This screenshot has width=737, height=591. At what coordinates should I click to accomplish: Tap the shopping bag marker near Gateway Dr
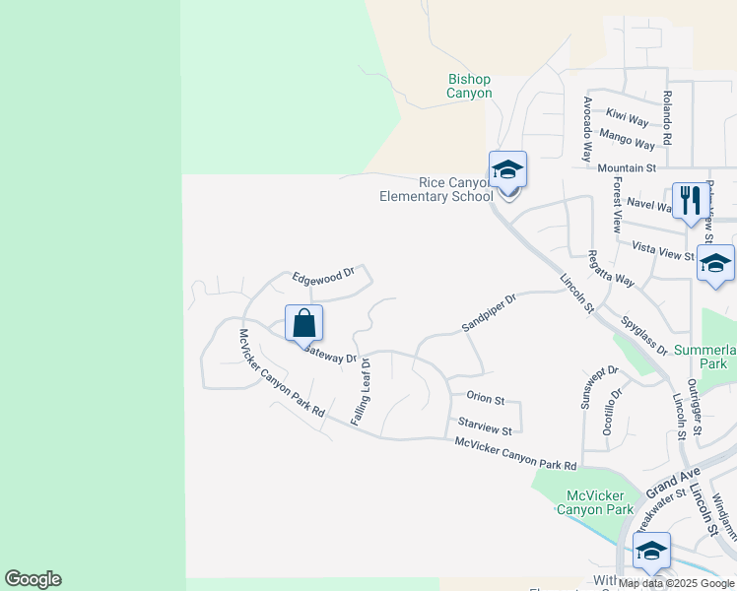click(x=304, y=322)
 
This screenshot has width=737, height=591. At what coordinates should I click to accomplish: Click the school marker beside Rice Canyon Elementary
click(x=507, y=169)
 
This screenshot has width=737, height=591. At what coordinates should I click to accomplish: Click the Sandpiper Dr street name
click(x=490, y=313)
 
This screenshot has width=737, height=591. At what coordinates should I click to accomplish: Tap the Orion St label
click(x=485, y=400)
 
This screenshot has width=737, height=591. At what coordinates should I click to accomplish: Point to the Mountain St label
click(x=626, y=168)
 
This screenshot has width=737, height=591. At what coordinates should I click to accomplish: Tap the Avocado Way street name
click(x=587, y=129)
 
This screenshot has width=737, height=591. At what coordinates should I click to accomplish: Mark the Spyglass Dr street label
click(x=644, y=336)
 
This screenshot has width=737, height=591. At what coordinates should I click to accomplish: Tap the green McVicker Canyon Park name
click(x=595, y=502)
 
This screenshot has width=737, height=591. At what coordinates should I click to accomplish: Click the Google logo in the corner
click(x=33, y=579)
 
